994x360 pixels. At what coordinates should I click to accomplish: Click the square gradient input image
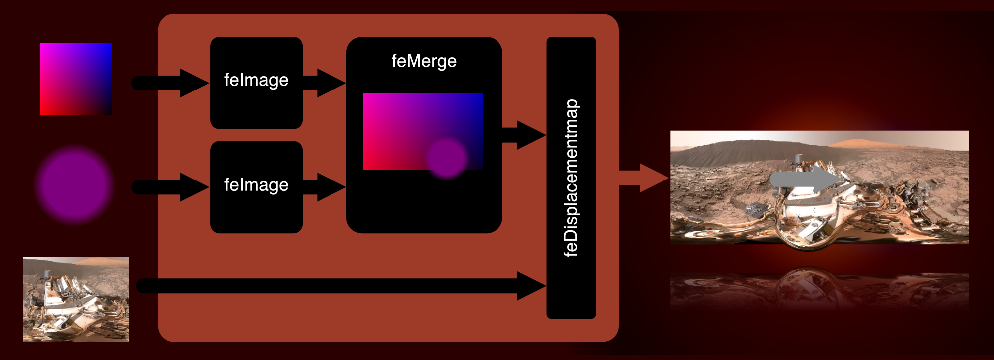76,79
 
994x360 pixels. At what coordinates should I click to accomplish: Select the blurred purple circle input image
74,184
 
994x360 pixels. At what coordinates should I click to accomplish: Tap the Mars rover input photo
76,299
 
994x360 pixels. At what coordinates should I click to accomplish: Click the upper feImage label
256,80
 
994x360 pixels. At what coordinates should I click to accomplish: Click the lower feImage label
256,185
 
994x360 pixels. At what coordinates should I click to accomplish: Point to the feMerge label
424,61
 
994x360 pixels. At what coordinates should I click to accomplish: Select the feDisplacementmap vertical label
572,178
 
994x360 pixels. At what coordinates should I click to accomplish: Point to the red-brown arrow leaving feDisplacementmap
644,178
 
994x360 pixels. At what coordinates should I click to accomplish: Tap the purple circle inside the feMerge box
447,158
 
